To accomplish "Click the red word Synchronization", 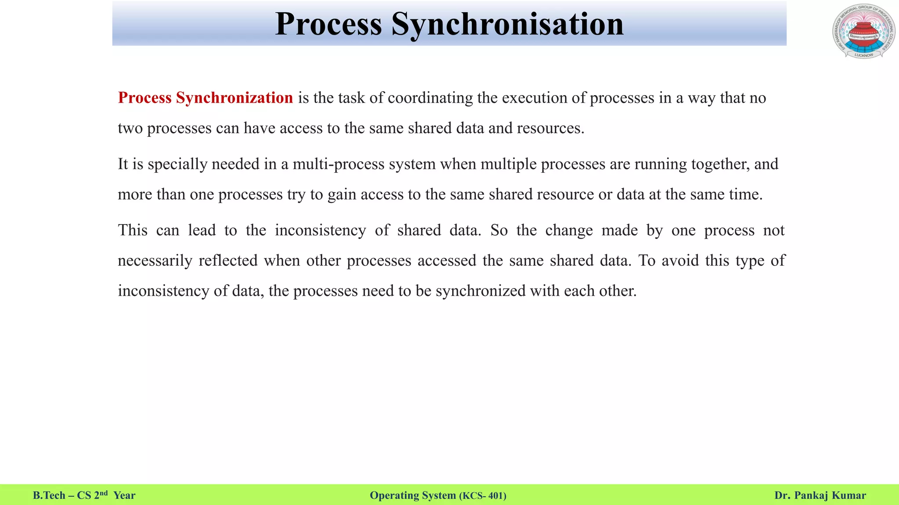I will tap(234, 98).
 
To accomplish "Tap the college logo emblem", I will tap(863, 32).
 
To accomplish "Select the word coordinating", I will tap(430, 98).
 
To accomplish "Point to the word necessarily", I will tap(155, 260).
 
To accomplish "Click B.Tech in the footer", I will tap(49, 495).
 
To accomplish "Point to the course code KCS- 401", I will tap(482, 496).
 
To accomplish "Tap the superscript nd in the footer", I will tap(103, 493).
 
